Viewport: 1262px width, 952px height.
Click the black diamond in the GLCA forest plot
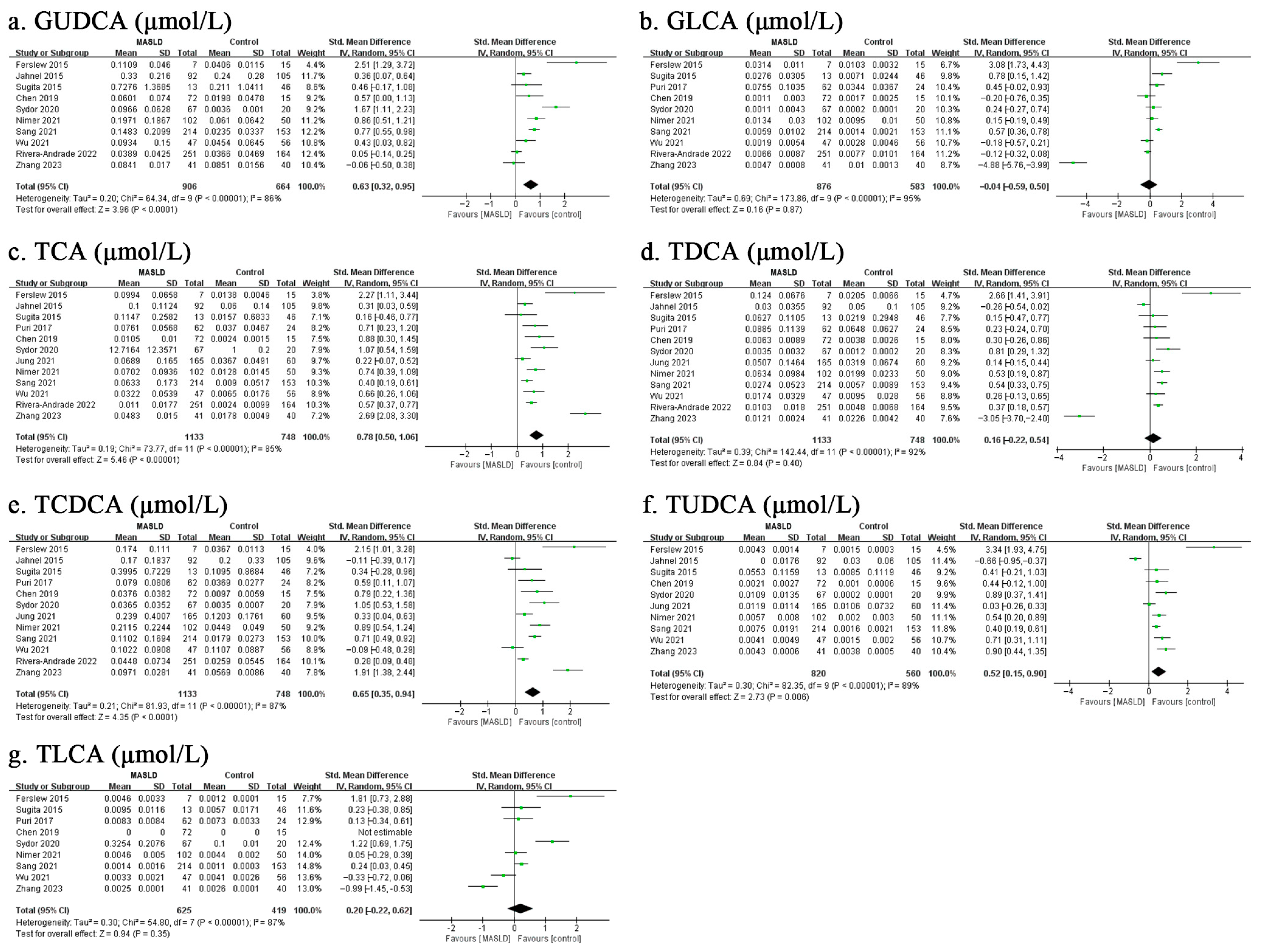(1148, 185)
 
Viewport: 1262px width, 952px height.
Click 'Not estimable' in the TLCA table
(385, 832)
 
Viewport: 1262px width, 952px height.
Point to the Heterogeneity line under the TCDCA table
(151, 706)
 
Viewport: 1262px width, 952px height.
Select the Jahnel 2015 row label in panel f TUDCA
(674, 561)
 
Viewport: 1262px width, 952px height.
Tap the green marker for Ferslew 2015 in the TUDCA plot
(1214, 547)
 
